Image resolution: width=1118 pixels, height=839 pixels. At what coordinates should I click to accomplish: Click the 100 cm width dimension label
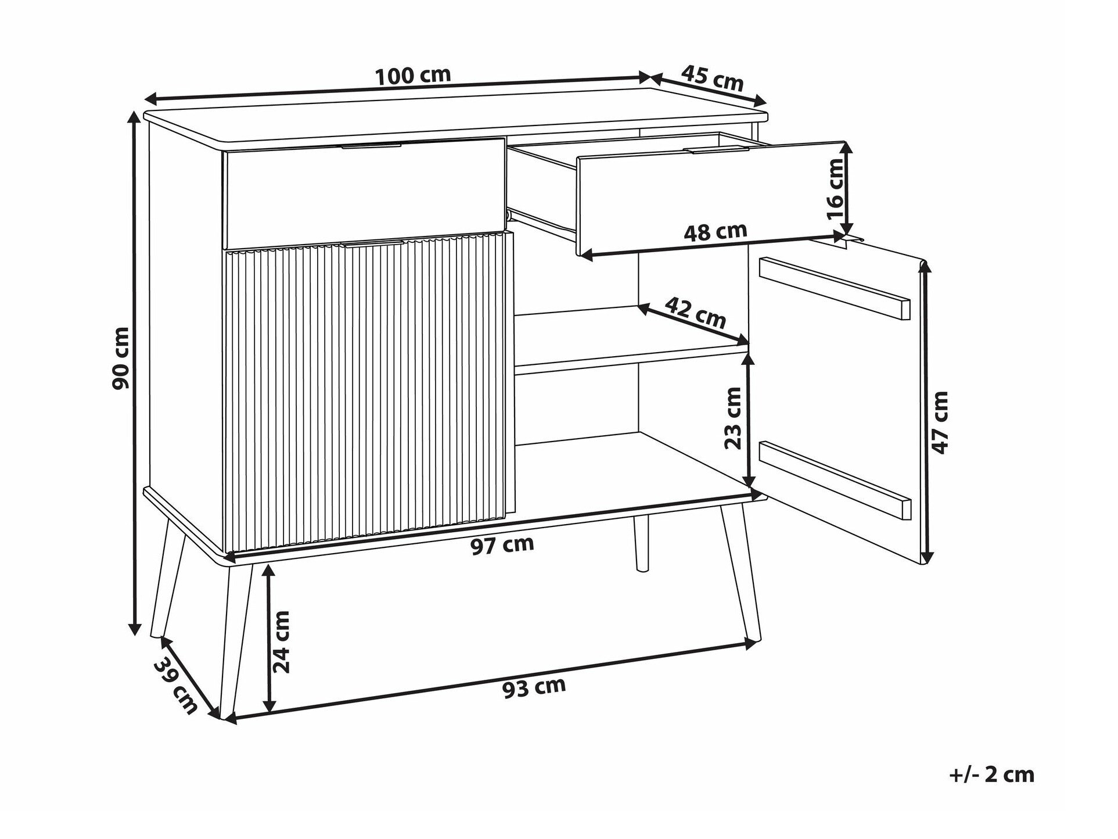413,76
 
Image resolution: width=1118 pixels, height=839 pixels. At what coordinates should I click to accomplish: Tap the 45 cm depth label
712,78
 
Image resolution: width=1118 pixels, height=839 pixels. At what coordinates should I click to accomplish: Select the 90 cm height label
121,358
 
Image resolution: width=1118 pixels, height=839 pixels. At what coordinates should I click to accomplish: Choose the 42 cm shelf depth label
695,312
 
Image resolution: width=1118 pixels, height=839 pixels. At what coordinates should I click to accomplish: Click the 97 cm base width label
502,545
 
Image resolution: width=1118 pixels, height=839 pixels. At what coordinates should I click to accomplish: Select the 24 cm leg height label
282,641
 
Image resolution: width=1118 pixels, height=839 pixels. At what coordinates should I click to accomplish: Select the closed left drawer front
364,193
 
